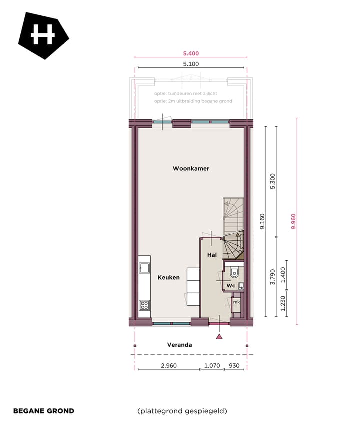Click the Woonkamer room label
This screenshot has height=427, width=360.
click(191, 169)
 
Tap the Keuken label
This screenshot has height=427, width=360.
click(169, 277)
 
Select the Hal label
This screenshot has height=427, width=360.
click(212, 255)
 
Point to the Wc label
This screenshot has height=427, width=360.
click(230, 285)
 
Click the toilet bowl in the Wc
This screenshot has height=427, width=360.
click(234, 273)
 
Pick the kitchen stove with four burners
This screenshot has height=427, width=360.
click(144, 304)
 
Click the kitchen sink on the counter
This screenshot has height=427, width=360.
click(144, 267)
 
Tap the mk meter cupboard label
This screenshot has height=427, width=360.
click(236, 302)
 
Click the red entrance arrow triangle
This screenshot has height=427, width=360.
click(219, 337)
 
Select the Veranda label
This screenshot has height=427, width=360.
click(179, 345)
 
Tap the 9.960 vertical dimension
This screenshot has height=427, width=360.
click(293, 221)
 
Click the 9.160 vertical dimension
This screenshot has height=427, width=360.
click(262, 221)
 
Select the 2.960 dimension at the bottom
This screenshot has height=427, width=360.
click(169, 365)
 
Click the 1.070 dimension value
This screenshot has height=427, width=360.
click(212, 365)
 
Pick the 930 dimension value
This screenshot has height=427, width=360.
click(234, 365)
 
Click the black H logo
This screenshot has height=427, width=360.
click(43, 36)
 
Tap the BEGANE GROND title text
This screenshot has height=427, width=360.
click(43, 411)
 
